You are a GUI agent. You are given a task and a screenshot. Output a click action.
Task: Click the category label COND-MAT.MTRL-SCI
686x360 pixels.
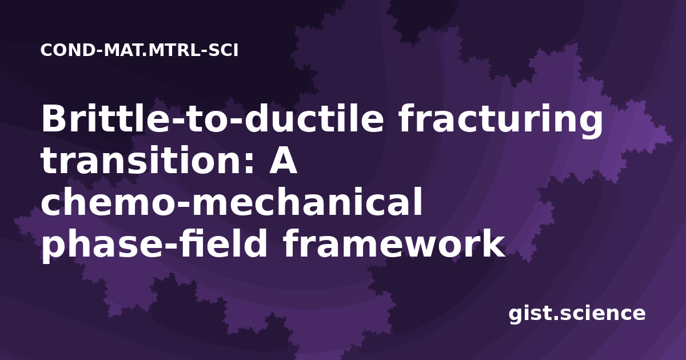[139, 50]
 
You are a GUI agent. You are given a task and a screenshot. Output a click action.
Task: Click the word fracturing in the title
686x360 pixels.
[501, 121]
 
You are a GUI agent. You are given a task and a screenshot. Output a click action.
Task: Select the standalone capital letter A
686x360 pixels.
[283, 161]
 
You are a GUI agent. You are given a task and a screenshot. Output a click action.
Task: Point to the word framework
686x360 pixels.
[394, 244]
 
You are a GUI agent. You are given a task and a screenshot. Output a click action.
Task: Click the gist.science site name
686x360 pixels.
[577, 314]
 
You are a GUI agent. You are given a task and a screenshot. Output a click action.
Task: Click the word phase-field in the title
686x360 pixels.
[154, 246]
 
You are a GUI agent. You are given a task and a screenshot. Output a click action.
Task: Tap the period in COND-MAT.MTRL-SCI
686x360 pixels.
[145, 55]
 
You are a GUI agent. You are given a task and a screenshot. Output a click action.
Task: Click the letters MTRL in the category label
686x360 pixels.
[174, 50]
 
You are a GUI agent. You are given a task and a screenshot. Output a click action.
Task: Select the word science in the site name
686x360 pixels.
[603, 314]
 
